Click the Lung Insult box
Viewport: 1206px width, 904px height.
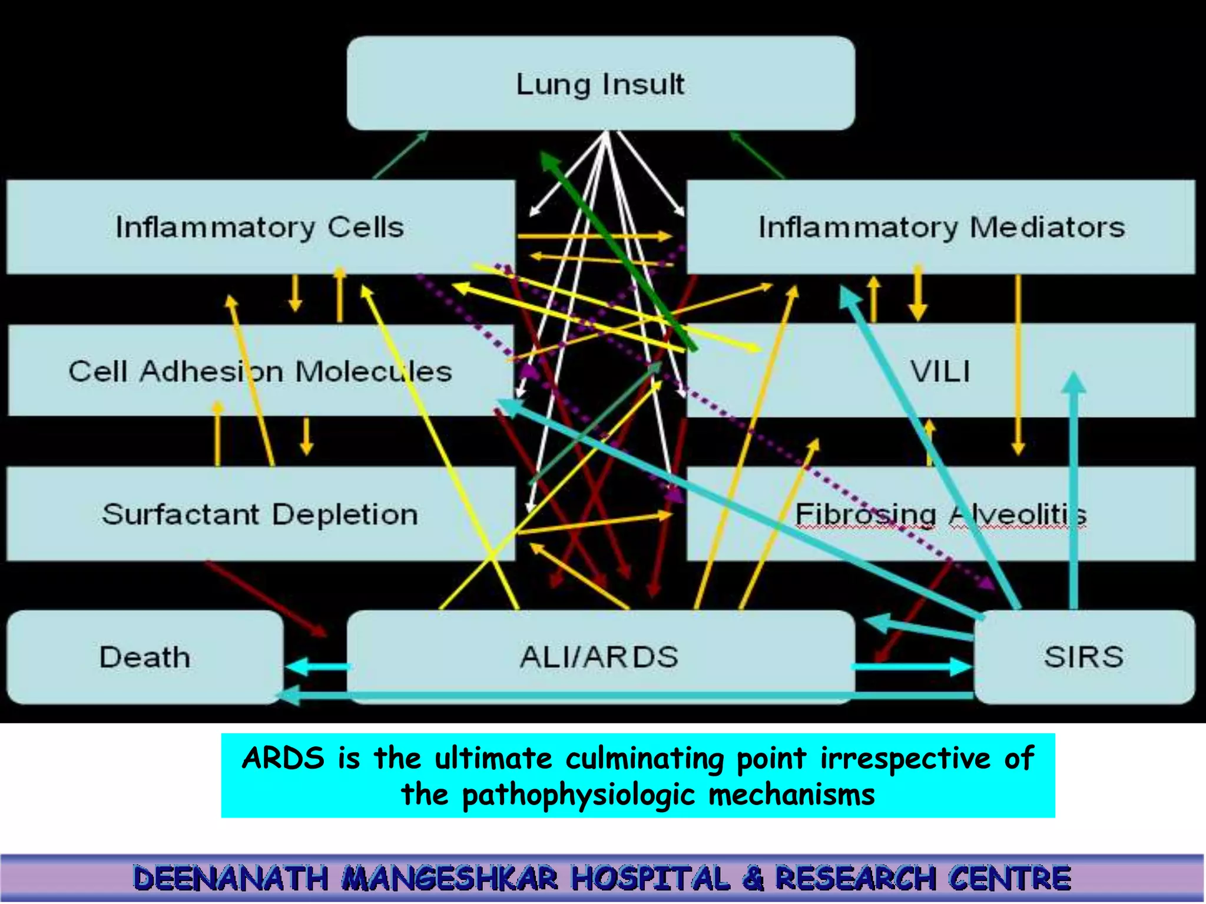(601, 84)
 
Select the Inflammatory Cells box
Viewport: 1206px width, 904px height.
(260, 227)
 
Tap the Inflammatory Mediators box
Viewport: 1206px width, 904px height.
(941, 227)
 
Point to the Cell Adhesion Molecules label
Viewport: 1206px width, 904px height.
(260, 371)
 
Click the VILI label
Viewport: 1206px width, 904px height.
(940, 371)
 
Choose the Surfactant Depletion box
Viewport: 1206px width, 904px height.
(260, 514)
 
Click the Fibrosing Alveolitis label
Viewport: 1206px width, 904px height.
(940, 514)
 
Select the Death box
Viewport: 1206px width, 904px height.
(145, 657)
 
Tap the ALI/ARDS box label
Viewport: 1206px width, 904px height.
(599, 657)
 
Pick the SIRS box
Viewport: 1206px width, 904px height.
(1084, 657)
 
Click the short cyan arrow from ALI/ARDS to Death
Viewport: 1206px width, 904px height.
(318, 667)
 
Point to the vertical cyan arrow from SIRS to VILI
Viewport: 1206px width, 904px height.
(1074, 494)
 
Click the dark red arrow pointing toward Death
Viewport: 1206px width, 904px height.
(265, 597)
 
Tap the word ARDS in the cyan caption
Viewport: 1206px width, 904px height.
(283, 758)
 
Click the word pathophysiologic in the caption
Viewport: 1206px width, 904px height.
(578, 795)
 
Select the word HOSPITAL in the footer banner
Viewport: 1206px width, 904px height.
(650, 879)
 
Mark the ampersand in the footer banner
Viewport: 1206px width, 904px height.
(752, 879)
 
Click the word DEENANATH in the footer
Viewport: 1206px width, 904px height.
(230, 879)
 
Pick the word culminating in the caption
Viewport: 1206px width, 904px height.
(644, 758)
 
